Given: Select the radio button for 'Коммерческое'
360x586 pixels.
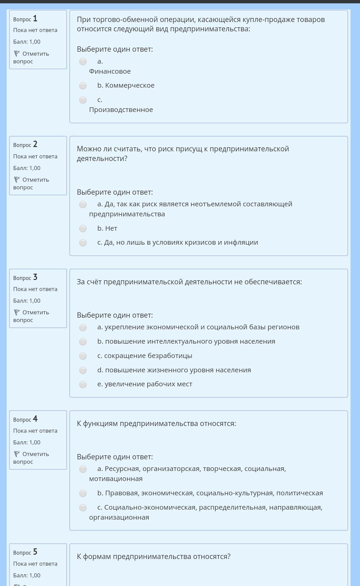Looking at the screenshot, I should pyautogui.click(x=83, y=86).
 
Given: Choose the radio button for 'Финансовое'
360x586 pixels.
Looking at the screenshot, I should pyautogui.click(x=83, y=62).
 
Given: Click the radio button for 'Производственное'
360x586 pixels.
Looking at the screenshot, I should pyautogui.click(x=83, y=100).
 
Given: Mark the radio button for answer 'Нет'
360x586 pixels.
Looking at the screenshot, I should pyautogui.click(x=83, y=229).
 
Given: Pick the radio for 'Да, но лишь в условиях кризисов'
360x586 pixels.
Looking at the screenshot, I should pyautogui.click(x=83, y=243).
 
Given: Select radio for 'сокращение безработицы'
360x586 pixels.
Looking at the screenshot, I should pyautogui.click(x=83, y=356).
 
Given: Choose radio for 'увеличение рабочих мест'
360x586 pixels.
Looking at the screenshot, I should pyautogui.click(x=83, y=385).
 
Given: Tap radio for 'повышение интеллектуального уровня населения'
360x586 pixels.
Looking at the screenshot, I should pyautogui.click(x=83, y=342).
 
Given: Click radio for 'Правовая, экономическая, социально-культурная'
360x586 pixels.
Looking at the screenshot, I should pyautogui.click(x=83, y=493).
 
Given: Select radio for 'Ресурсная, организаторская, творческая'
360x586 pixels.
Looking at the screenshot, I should pyautogui.click(x=83, y=469).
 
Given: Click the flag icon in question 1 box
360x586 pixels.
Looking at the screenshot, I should pyautogui.click(x=17, y=54).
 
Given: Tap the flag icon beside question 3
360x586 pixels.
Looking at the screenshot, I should pyautogui.click(x=17, y=312).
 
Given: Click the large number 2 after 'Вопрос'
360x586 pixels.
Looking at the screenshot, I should pyautogui.click(x=35, y=144).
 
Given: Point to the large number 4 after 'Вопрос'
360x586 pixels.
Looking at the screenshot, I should pyautogui.click(x=35, y=419).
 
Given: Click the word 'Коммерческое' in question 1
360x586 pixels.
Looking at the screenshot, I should pyautogui.click(x=130, y=86).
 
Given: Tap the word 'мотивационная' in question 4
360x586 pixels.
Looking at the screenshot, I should pyautogui.click(x=116, y=479).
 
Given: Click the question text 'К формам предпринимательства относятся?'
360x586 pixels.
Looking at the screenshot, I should pyautogui.click(x=154, y=557).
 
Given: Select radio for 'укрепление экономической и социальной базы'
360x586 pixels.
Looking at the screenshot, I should pyautogui.click(x=83, y=328).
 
